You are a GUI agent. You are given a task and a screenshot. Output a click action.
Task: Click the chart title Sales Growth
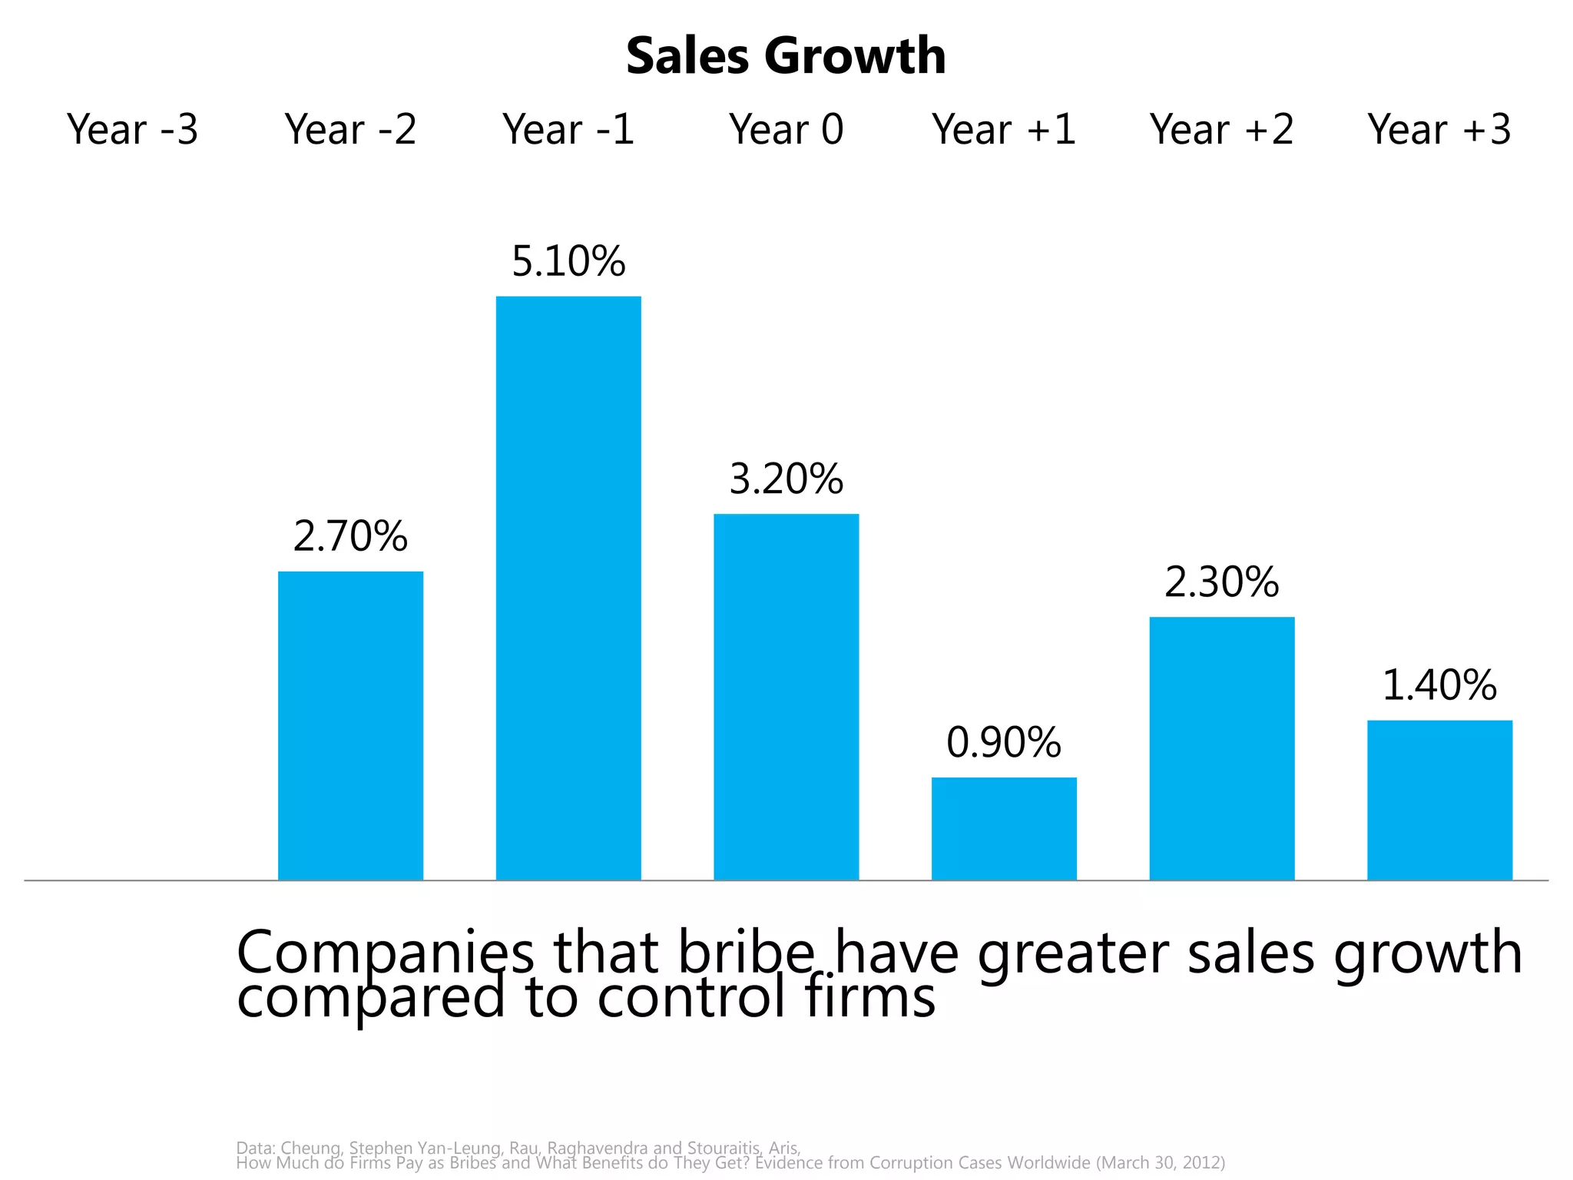786,56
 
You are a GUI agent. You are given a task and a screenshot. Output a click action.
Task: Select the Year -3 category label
133,129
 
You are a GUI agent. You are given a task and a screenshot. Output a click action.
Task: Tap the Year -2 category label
350,129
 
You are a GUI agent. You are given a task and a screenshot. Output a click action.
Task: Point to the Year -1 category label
568,129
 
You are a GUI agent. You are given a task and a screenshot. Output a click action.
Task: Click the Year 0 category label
786,129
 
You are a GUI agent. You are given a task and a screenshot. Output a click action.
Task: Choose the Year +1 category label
1004,129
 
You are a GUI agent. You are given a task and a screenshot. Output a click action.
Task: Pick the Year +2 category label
1221,129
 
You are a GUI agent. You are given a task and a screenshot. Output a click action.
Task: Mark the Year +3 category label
1439,129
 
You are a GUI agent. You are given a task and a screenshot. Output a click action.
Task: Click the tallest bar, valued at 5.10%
568,588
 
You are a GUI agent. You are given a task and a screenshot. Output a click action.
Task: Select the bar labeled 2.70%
350,725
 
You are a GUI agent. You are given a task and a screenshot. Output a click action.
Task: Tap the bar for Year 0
786,697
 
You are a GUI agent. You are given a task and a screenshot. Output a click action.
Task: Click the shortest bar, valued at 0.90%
1004,828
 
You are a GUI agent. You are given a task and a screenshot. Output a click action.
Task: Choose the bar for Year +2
1221,748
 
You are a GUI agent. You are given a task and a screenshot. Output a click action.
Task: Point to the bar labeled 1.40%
1439,800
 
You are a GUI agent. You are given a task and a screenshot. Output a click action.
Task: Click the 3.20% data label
786,479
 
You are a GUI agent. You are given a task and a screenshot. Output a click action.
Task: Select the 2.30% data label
1221,582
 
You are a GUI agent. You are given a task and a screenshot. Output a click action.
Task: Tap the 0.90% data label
1004,743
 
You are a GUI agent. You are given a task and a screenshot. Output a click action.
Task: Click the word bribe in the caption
745,953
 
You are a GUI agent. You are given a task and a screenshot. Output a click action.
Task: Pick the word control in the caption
691,998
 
